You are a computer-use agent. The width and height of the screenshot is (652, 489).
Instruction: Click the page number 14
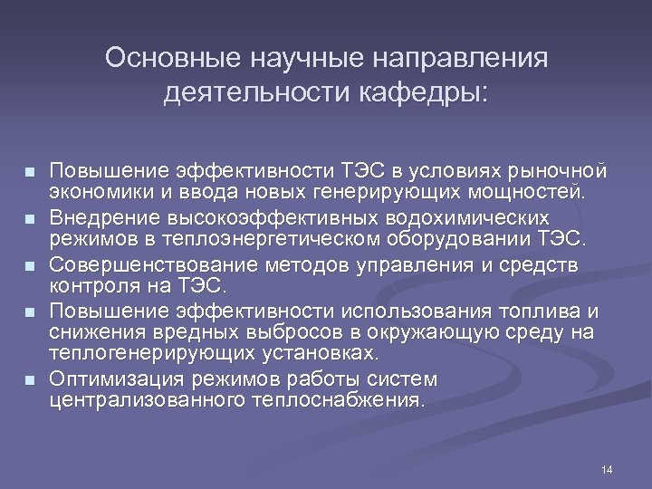click(x=606, y=469)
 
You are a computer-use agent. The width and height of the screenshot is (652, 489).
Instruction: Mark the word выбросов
click(x=269, y=332)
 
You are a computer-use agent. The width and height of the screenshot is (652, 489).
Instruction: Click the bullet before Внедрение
click(x=30, y=219)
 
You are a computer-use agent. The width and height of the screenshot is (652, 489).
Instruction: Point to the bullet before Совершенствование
click(x=30, y=265)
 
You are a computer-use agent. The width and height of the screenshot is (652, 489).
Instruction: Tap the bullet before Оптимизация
click(x=30, y=379)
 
